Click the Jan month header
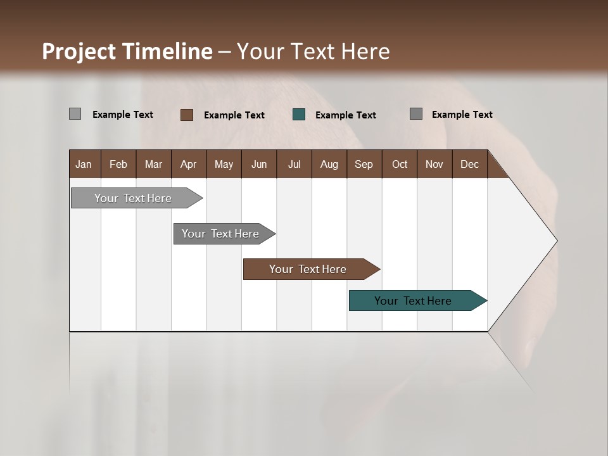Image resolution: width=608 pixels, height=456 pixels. (84, 164)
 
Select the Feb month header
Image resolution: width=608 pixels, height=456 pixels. (118, 164)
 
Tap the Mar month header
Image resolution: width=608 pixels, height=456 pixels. (153, 164)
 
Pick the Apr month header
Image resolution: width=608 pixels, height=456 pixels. (189, 164)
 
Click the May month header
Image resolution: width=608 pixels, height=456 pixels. (224, 164)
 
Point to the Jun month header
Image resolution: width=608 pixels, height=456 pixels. (259, 164)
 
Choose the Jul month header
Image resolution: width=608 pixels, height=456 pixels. (294, 164)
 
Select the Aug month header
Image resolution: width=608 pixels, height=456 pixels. (329, 164)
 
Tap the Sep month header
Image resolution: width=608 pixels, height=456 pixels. (364, 164)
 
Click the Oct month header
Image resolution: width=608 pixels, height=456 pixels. (400, 164)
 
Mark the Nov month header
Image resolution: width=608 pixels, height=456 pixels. (434, 164)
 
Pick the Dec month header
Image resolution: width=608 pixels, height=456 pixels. (470, 164)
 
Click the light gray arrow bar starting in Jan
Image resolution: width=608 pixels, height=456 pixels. (133, 198)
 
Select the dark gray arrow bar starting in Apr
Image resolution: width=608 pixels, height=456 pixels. (220, 234)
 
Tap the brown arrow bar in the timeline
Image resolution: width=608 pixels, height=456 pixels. (308, 269)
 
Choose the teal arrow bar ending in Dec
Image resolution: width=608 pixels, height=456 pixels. (413, 301)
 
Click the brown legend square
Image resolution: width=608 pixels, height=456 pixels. (187, 115)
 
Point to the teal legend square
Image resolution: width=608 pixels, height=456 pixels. (299, 115)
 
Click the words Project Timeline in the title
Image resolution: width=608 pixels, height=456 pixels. (127, 51)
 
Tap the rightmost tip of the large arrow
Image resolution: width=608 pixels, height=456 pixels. (555, 241)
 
